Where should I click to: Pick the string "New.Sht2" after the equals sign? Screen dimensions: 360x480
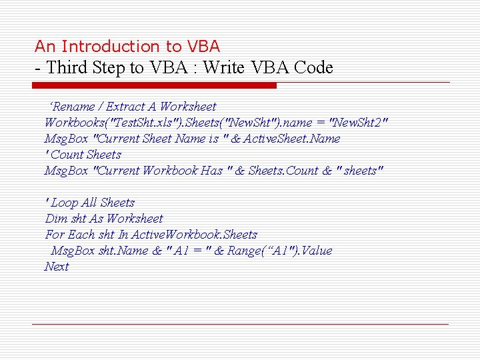359,123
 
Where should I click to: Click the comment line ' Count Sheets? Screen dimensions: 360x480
83,155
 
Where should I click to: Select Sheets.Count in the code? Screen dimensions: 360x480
283,171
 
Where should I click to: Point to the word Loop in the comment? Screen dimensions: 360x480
65,203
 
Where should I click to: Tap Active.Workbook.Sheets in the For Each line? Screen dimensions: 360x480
194,235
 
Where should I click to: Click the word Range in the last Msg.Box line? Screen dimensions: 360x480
245,251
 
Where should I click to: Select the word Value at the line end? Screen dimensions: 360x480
317,251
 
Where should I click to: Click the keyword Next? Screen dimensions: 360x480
57,267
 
